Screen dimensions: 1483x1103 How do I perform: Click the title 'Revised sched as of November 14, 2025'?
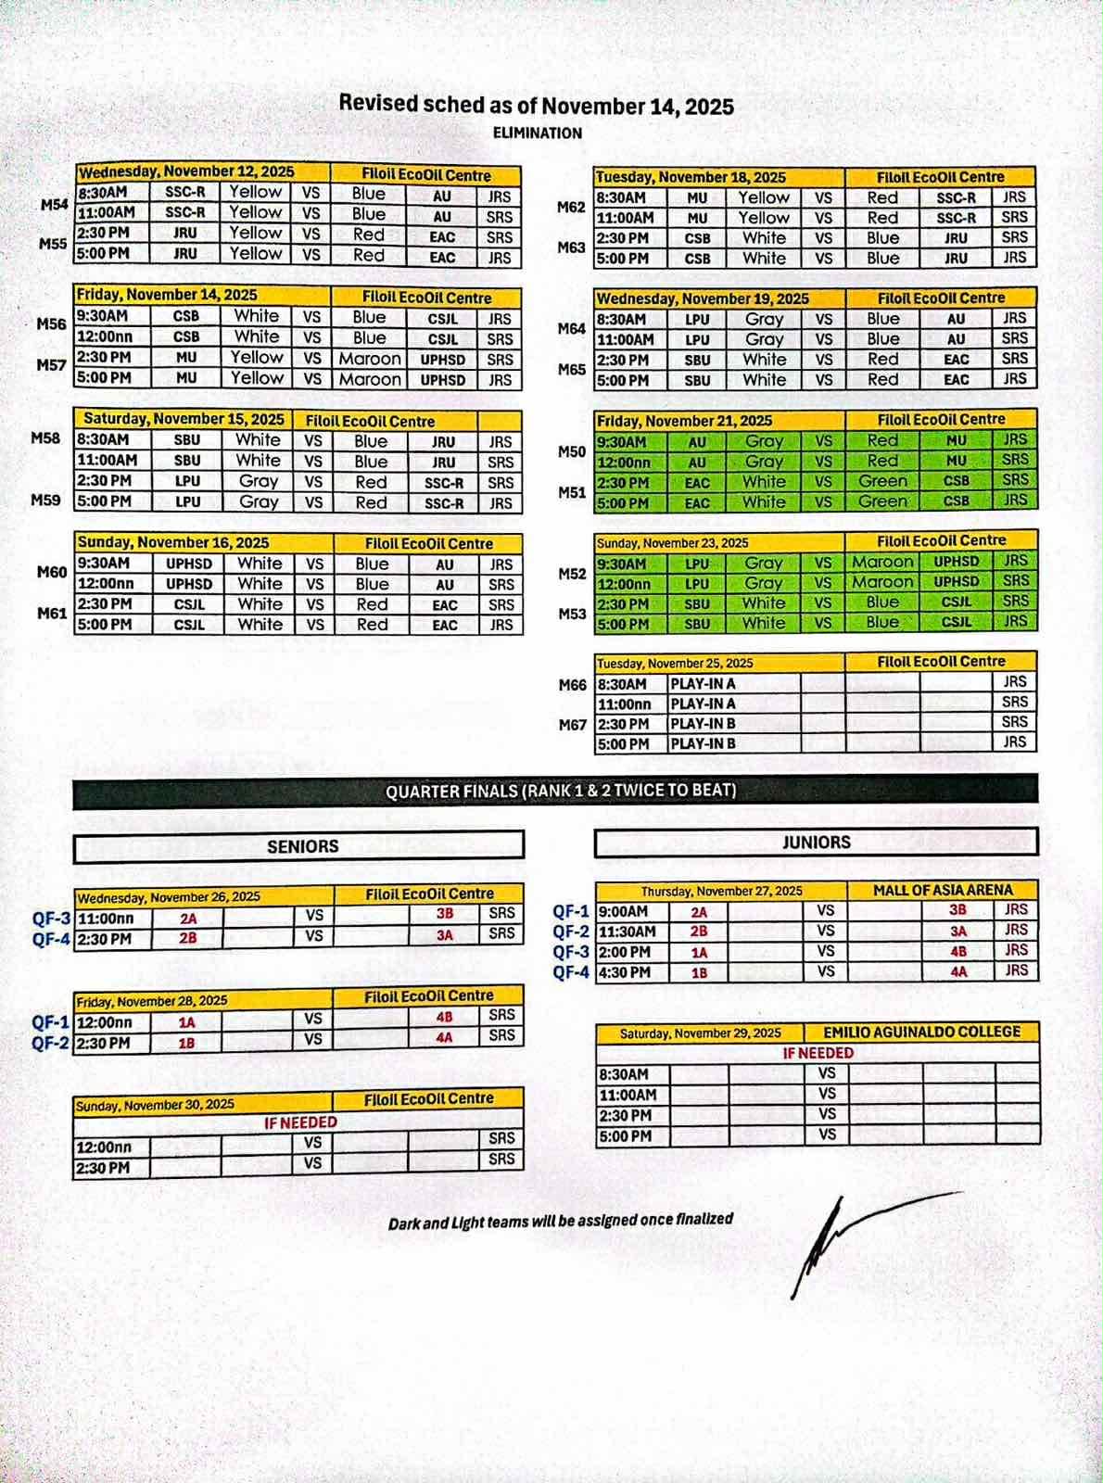coord(536,105)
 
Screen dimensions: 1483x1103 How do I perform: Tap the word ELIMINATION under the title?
coord(538,133)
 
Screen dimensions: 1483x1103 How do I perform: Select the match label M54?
coord(55,204)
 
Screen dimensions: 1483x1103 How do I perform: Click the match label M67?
coord(572,725)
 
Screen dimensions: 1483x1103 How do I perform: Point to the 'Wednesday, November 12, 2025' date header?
coord(186,171)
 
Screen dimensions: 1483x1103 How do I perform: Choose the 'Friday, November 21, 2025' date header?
coord(684,421)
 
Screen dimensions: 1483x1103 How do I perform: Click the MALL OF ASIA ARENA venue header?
coord(943,890)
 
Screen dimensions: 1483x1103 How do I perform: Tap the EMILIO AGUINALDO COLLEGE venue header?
coord(921,1032)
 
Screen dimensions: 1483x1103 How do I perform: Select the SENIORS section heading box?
coord(302,846)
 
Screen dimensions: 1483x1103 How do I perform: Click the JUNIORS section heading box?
coord(816,843)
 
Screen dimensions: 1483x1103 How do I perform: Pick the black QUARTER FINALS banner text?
coord(561,791)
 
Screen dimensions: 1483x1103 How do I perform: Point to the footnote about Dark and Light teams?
coord(560,1221)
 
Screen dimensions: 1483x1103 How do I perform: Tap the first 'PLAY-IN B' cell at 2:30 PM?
coord(703,724)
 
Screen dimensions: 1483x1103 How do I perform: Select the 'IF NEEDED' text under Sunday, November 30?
coord(300,1122)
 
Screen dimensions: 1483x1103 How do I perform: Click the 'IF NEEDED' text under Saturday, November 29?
coord(818,1053)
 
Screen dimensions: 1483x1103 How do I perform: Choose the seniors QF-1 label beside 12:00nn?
coord(51,1022)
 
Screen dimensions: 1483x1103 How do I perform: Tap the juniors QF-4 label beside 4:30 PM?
coord(571,972)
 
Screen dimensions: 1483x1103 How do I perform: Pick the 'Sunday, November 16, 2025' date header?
coord(173,542)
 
